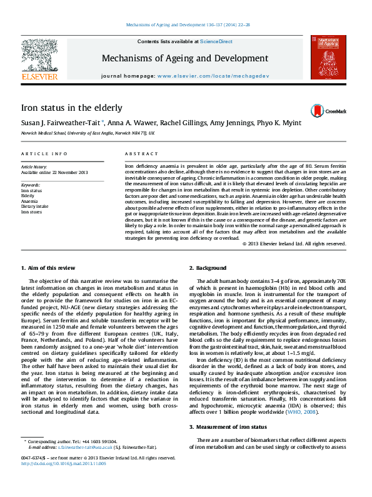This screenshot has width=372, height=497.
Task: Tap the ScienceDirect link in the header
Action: tap(216, 41)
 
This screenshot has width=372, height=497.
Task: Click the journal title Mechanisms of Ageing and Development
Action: tap(184, 58)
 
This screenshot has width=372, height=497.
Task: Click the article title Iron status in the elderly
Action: tap(71, 108)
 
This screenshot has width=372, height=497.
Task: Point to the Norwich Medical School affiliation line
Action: tap(88, 133)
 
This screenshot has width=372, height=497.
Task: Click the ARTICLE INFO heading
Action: tap(44, 153)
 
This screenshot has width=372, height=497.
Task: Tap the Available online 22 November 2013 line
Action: tap(54, 172)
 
